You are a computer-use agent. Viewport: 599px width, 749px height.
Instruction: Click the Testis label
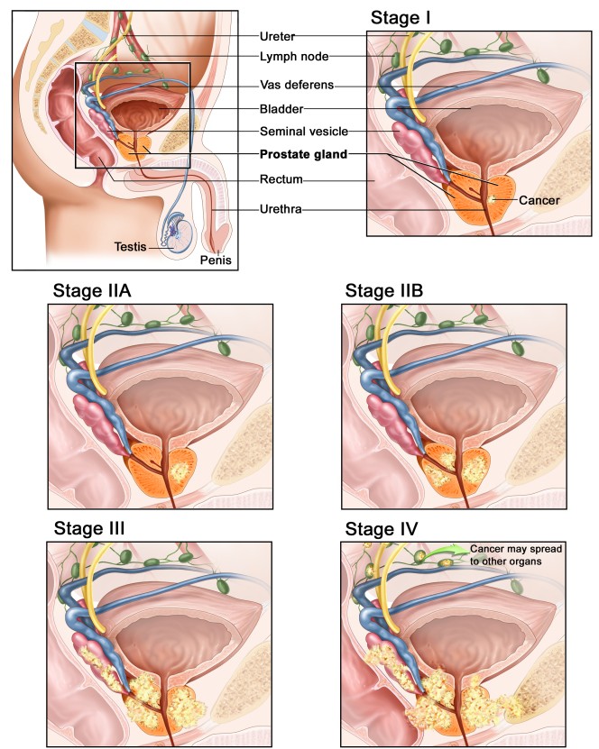pyautogui.click(x=131, y=245)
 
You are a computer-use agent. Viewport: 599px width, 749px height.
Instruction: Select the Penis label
pyautogui.click(x=216, y=260)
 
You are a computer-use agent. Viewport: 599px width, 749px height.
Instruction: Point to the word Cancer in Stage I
pyautogui.click(x=540, y=200)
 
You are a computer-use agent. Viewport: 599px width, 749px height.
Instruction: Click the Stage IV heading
pyautogui.click(x=381, y=527)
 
